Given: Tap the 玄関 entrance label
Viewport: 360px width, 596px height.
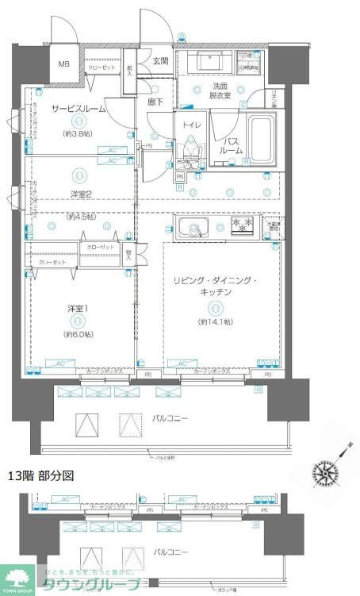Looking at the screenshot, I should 160,61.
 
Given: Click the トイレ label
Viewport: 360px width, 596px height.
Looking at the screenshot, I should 190,125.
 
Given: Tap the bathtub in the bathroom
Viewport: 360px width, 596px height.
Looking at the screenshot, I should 261,140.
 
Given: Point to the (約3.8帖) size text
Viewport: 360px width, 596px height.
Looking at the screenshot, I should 77,134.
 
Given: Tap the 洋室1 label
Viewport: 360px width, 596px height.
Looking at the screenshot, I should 77,308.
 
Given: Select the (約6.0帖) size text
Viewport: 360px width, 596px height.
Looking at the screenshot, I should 77,334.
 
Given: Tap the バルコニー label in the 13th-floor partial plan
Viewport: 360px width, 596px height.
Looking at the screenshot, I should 170,551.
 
